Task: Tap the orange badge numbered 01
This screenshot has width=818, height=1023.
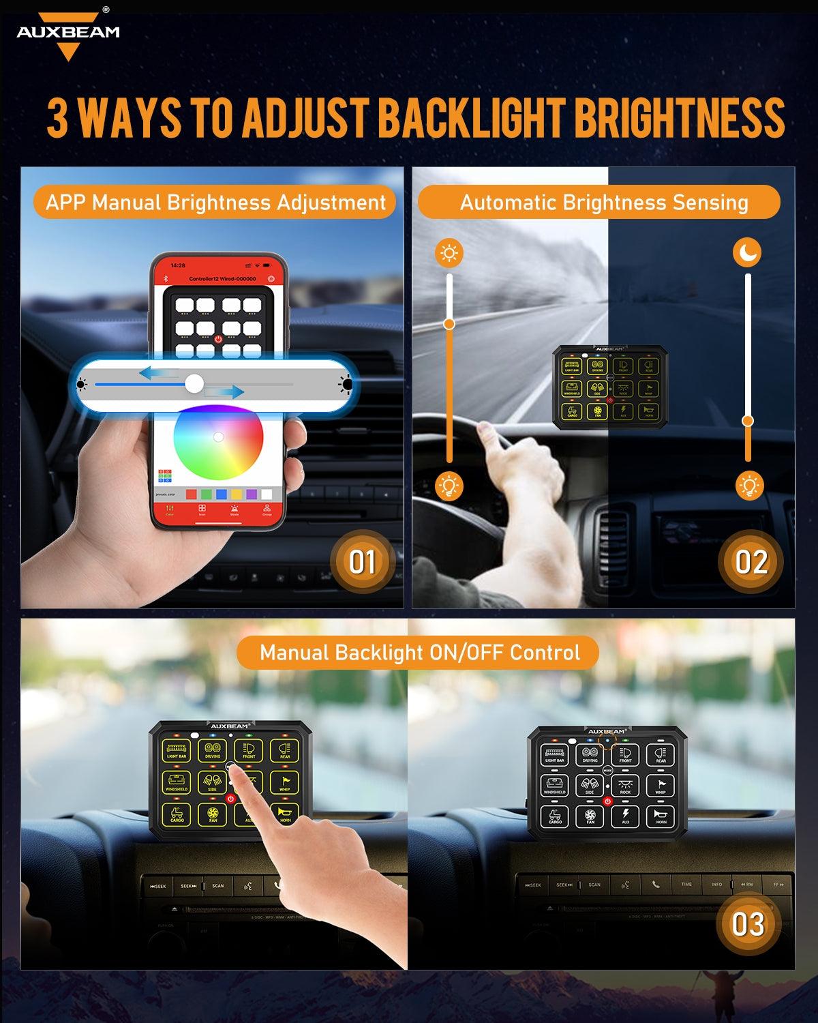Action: point(362,562)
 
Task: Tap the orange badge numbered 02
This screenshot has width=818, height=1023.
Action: point(751,562)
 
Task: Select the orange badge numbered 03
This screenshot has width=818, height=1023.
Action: point(748,924)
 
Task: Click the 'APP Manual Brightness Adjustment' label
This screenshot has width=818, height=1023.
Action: point(215,203)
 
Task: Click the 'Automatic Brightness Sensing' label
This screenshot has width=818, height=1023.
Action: point(603,203)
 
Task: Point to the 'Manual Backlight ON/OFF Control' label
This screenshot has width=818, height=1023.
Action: point(419,653)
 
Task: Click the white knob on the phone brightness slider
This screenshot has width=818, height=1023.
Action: point(194,384)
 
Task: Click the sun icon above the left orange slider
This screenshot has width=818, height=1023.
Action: point(449,254)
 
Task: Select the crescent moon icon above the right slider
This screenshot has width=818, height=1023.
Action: point(748,254)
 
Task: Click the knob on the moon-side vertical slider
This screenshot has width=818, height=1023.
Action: point(748,421)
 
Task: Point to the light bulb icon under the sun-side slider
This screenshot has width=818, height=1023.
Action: point(449,486)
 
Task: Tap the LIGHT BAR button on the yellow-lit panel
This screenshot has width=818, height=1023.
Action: point(177,750)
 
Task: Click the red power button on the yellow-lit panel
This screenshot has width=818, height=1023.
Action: point(230,799)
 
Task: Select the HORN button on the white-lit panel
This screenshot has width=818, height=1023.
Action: point(661,816)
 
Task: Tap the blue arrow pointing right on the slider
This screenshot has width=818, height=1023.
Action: point(225,391)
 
